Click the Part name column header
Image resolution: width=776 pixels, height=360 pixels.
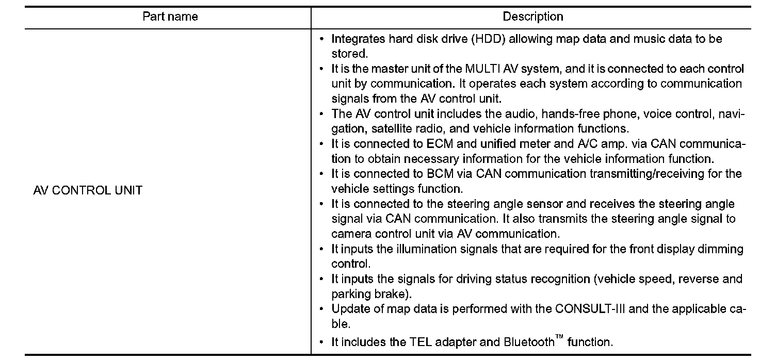pos(170,17)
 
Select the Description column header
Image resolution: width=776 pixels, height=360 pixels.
pos(533,17)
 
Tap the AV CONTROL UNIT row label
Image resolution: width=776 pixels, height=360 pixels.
pos(87,190)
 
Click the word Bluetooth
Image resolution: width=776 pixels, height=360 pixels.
pos(528,341)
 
